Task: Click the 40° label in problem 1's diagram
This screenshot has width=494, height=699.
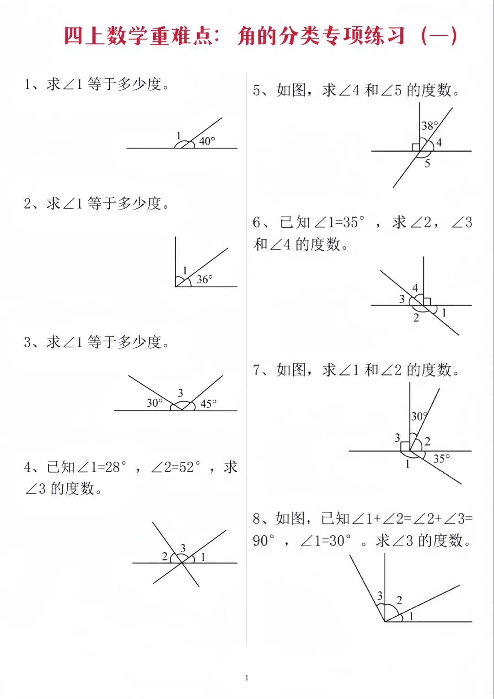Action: click(207, 141)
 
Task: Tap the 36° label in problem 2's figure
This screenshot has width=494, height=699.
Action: click(204, 279)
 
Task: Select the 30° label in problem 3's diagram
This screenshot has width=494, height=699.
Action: click(154, 403)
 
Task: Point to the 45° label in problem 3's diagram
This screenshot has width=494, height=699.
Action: click(208, 403)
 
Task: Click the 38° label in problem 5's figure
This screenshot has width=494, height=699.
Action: click(430, 126)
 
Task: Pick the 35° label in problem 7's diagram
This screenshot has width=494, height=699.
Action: click(441, 458)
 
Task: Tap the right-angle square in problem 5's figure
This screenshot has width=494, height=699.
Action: click(416, 147)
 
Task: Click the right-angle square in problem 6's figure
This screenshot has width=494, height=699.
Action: click(427, 301)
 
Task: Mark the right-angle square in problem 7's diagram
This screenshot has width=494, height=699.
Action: click(405, 446)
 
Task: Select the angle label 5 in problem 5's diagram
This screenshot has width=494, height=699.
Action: click(427, 163)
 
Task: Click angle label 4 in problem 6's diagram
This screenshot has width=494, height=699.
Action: click(415, 288)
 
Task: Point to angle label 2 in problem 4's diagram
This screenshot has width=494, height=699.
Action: click(165, 556)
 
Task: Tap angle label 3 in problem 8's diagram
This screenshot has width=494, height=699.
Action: click(380, 596)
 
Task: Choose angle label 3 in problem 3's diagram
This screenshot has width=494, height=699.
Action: click(180, 393)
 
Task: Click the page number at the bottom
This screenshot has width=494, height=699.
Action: click(247, 677)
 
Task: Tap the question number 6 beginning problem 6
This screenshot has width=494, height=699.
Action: click(257, 223)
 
